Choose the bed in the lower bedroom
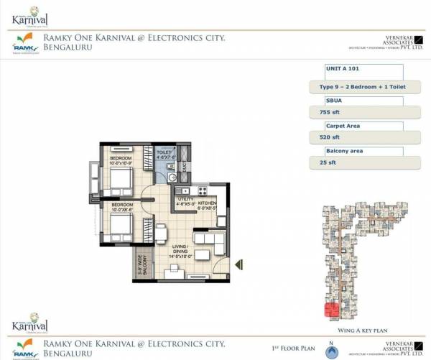click(119, 229)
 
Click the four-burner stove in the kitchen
click(202, 192)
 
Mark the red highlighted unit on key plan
click(331, 310)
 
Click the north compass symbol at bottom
click(331, 352)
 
